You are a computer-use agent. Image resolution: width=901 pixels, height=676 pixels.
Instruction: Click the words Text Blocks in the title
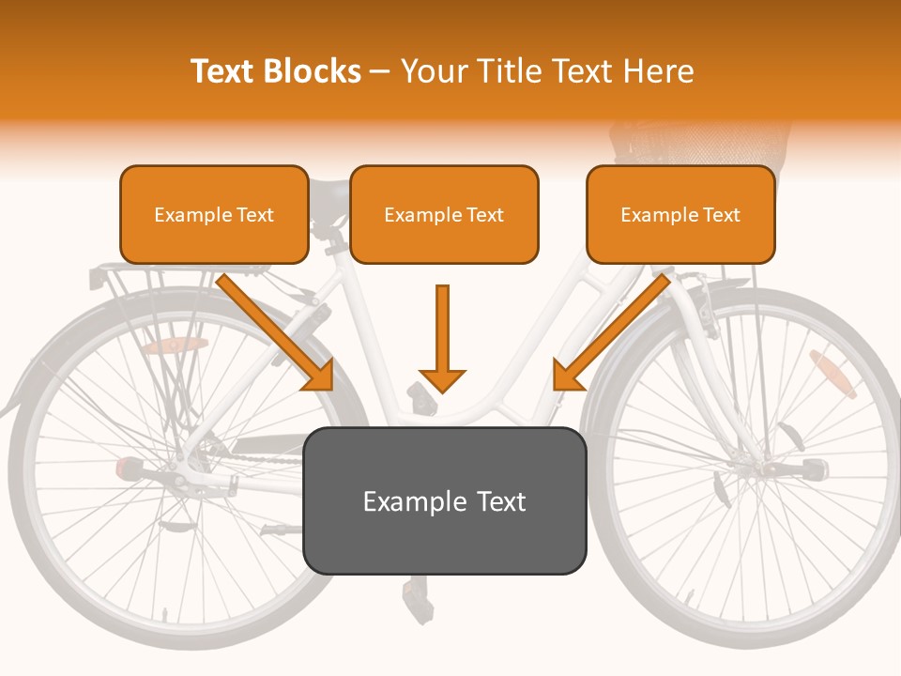(275, 71)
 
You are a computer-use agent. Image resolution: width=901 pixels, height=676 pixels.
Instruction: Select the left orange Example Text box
(214, 215)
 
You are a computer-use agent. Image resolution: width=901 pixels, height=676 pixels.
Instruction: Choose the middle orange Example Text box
(444, 215)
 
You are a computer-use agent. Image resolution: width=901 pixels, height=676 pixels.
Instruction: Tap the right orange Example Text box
(680, 215)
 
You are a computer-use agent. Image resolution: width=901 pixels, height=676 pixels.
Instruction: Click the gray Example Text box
(444, 500)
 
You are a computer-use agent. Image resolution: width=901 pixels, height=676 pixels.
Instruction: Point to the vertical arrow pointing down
(442, 338)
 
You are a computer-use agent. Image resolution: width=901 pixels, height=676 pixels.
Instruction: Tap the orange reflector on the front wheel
(832, 374)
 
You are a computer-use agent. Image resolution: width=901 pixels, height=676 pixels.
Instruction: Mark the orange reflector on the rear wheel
(175, 346)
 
